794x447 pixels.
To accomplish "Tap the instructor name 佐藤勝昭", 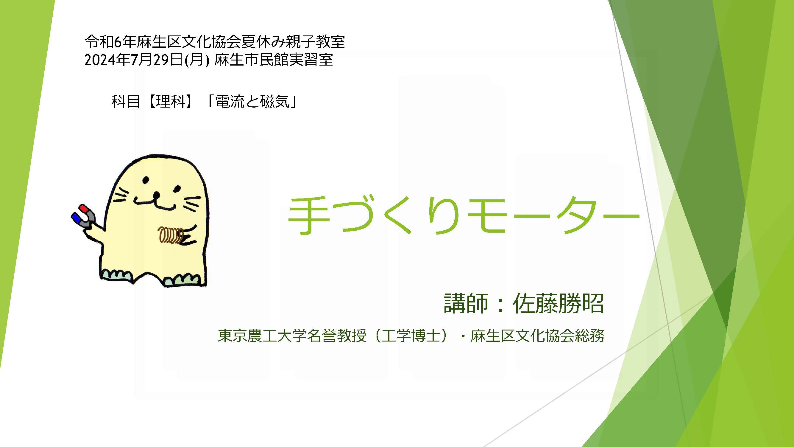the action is coord(558,303).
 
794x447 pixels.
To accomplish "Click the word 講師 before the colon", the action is coord(466,303).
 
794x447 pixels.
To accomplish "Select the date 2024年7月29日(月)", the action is coord(147,60).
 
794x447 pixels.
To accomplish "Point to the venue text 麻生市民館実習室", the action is coord(274,60).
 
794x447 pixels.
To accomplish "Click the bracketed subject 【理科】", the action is coord(171,101).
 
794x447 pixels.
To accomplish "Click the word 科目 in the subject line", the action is coord(125,101).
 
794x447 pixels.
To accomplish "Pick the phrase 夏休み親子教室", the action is coord(293,42).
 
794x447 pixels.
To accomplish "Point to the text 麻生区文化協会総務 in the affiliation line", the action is coord(537,335).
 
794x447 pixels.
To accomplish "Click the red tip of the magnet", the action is coord(83,208).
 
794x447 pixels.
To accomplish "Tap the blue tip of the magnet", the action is coord(76,218).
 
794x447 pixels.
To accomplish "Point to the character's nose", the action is coord(157,195).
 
